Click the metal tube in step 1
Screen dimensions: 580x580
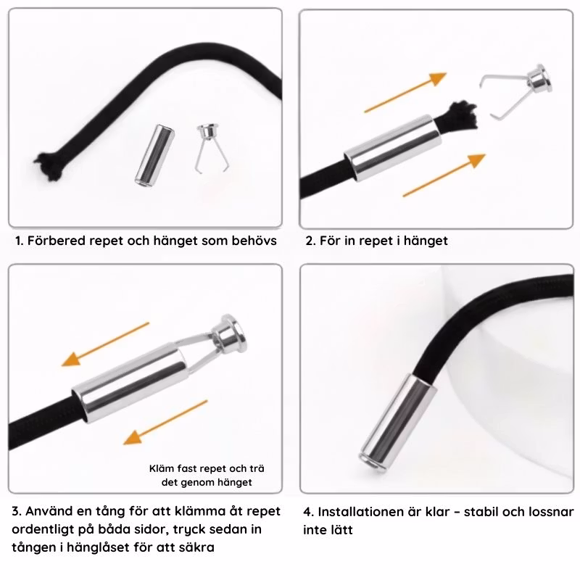(x=154, y=154)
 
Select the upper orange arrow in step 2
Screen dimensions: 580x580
(x=405, y=92)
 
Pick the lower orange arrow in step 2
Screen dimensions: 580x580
(x=444, y=175)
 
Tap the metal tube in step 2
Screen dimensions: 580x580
(x=393, y=148)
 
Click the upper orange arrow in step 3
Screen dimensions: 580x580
(x=105, y=344)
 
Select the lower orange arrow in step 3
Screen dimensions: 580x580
(x=165, y=422)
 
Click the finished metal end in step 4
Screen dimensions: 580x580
(x=398, y=423)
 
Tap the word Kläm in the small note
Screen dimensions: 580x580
(x=162, y=468)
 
